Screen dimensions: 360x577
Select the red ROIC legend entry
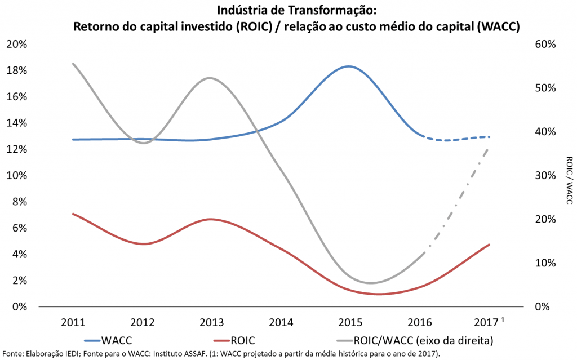[x=237, y=340]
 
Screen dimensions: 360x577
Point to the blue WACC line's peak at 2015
[x=349, y=66]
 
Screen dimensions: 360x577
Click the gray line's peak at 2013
[x=210, y=78]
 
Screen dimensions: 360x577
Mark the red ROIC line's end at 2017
[x=489, y=245]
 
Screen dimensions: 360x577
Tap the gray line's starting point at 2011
[x=73, y=64]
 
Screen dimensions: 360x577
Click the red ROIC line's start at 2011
[x=73, y=214]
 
